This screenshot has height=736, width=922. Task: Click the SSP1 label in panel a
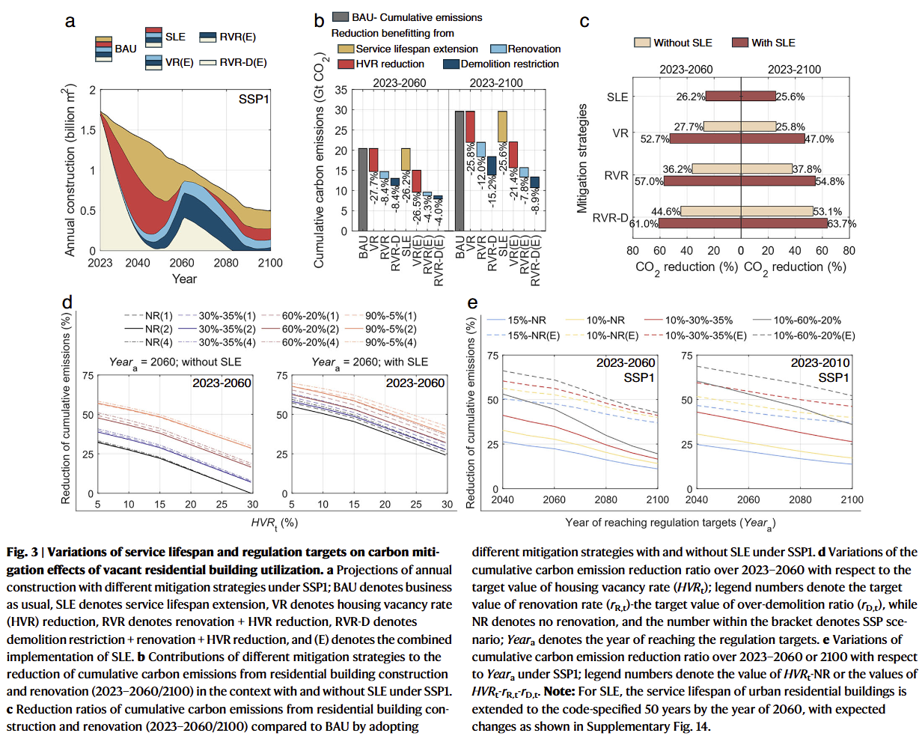pos(254,99)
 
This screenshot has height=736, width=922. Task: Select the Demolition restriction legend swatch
pos(451,64)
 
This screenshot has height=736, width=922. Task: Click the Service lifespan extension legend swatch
pos(346,49)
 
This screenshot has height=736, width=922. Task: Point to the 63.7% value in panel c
pos(842,224)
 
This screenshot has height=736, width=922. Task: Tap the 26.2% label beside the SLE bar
pos(690,97)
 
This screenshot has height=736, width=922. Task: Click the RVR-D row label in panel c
pos(610,218)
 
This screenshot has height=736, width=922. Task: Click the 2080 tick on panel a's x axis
pos(226,264)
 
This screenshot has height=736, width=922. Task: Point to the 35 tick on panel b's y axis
pos(341,90)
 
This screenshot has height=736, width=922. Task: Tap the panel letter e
pos(472,302)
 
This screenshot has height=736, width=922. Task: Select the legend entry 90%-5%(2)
pos(390,329)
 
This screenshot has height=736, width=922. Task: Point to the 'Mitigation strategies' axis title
pos(583,159)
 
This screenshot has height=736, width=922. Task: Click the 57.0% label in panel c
pos(649,181)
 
